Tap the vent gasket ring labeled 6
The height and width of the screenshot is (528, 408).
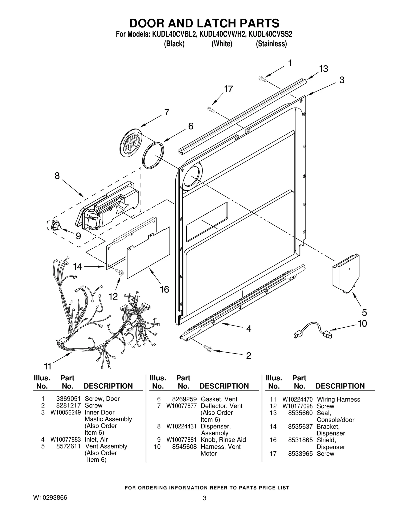[x=153, y=155]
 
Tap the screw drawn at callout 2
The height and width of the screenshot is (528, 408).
[x=208, y=348]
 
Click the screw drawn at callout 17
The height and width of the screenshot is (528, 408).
[x=211, y=110]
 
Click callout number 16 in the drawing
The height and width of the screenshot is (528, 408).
[x=164, y=289]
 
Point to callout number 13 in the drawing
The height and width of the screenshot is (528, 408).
[x=323, y=69]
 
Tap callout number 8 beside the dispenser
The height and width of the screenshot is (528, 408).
[x=57, y=176]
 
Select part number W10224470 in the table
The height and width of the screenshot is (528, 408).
[x=297, y=400]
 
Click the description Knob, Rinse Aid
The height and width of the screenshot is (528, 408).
[x=223, y=440]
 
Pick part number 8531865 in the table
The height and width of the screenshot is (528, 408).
[x=300, y=440]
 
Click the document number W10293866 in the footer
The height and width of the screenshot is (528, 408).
[x=50, y=498]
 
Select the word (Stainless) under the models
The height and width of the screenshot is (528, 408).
[x=271, y=44]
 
